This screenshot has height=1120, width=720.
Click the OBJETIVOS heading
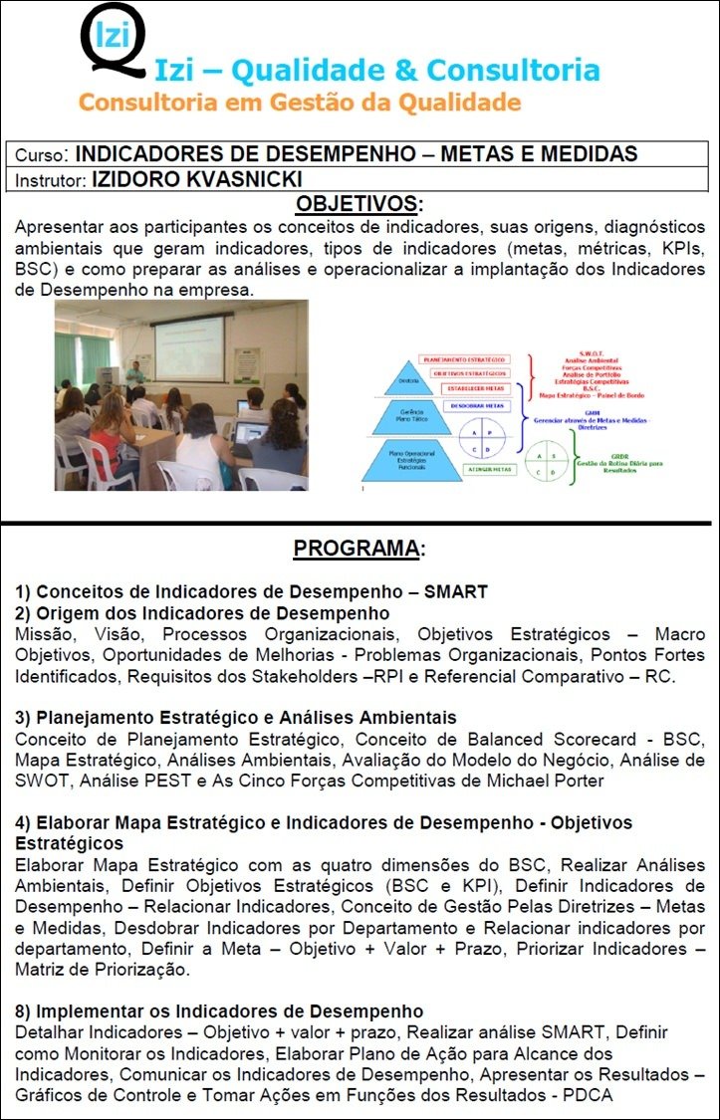[358, 204]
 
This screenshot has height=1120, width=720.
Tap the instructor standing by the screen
[133, 375]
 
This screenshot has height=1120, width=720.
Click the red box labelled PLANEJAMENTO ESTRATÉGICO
[463, 358]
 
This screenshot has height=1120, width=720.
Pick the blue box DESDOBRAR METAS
[476, 406]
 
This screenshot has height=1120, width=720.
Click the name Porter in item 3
[576, 781]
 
